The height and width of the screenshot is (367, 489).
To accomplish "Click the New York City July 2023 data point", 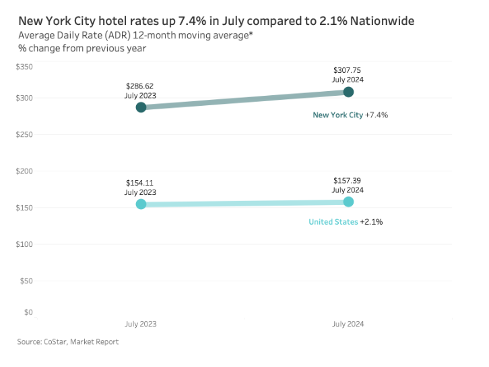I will tap(141, 107).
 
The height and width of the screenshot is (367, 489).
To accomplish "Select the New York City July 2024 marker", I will tap(348, 92).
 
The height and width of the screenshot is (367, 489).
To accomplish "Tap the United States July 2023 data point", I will tap(141, 204).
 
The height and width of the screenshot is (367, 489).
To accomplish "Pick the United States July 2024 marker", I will tap(348, 202).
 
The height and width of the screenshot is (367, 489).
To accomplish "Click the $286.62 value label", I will tap(140, 86).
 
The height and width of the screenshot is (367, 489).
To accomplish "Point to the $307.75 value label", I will tap(348, 70).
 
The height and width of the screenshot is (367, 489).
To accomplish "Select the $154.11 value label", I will tap(140, 183).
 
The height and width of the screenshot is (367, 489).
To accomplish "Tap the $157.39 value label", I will tap(348, 181).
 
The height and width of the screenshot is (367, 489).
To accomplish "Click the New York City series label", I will tap(337, 115).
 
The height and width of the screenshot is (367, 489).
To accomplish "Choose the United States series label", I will tap(333, 222).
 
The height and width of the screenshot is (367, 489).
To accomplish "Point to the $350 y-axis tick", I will tap(24, 67).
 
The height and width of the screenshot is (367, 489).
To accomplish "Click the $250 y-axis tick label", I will tap(24, 135).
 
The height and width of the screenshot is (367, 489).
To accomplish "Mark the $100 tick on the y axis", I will tap(24, 244).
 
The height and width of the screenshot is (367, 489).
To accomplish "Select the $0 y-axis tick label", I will tap(28, 312).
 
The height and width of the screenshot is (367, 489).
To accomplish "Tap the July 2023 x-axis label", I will tap(140, 324).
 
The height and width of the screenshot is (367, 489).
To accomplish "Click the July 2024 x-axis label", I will tap(348, 324).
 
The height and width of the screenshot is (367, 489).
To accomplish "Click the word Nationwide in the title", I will tap(381, 22).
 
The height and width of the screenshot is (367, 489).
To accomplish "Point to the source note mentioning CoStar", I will tap(68, 342).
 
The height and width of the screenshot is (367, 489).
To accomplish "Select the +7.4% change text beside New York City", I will tap(377, 115).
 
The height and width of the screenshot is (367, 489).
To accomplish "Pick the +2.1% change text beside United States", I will tap(372, 222).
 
